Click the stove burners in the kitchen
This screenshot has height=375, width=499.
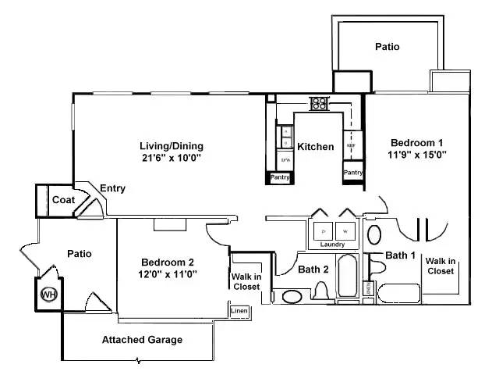point(319,102)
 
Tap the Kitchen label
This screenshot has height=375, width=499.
point(315,147)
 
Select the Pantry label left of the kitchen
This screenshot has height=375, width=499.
point(280,178)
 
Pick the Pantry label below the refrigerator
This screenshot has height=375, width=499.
point(353,172)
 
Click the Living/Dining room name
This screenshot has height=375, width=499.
point(171,145)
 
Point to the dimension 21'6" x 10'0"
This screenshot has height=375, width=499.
point(172,157)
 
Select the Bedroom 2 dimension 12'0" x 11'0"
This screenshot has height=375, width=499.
point(168,273)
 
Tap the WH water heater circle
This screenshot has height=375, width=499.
point(48,295)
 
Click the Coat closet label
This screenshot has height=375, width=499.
point(63,200)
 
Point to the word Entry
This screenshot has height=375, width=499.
point(112,188)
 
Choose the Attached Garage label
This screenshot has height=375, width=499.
point(142,340)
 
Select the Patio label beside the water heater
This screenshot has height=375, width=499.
point(80,254)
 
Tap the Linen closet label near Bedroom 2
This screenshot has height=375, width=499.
point(239,311)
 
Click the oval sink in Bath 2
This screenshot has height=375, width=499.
point(293,296)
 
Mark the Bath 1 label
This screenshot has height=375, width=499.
point(402,255)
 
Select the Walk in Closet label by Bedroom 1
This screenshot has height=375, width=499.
point(441,266)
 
